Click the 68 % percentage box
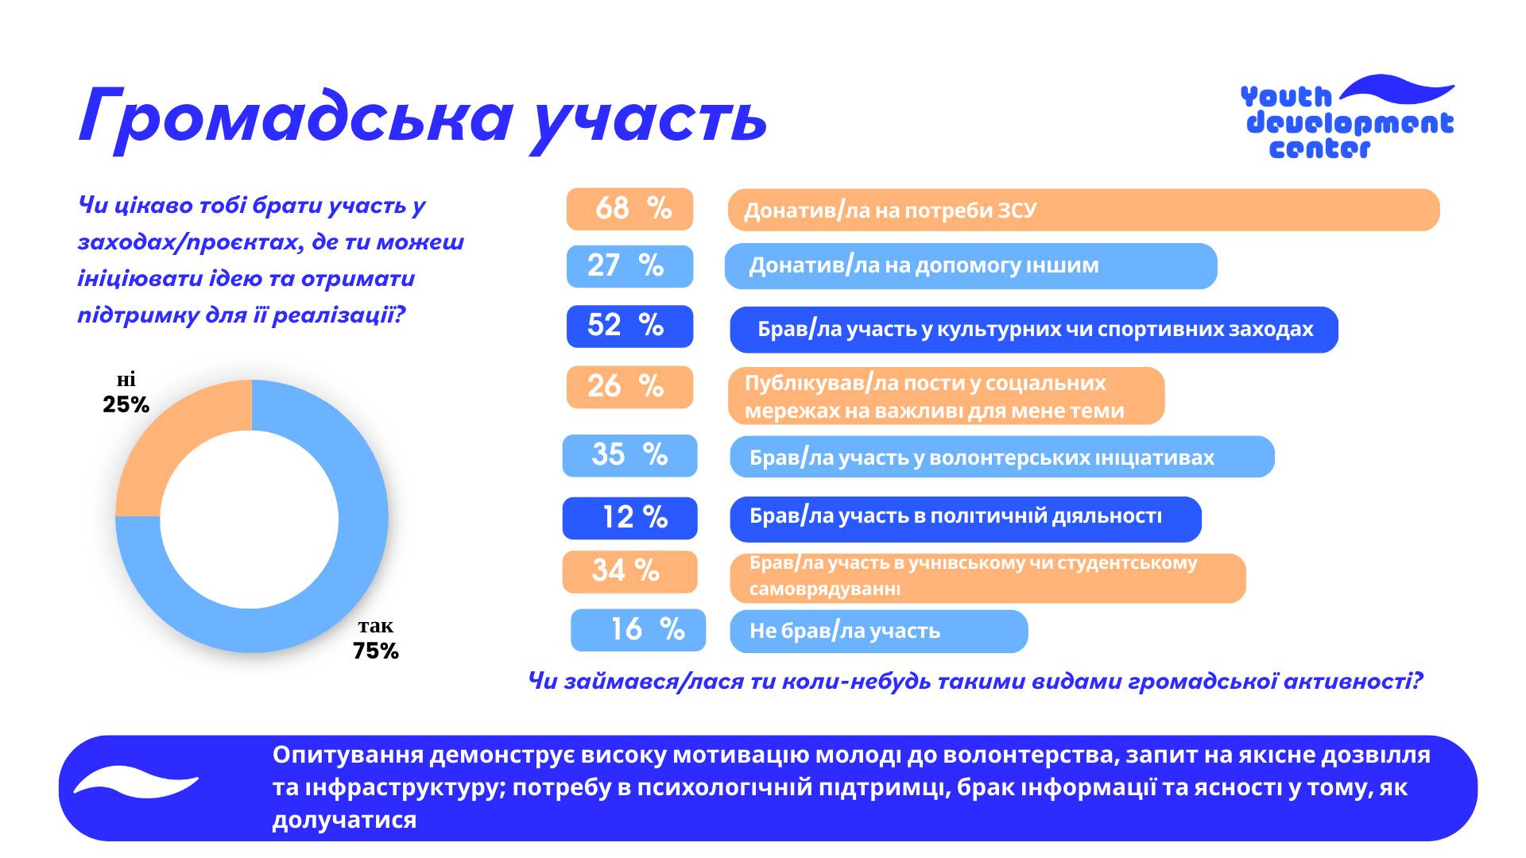pos(629,209)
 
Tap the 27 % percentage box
pos(629,265)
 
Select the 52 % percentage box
pos(629,326)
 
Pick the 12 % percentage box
pos(629,517)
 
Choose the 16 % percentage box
pos(638,630)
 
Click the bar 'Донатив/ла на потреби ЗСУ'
pos(1083,210)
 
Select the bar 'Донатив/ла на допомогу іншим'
pos(970,266)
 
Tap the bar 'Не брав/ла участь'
pos(878,632)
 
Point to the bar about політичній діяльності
pos(965,518)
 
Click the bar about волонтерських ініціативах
pos(1001,457)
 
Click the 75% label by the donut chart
pos(376,651)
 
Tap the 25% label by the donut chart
pos(126,405)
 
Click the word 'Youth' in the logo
pos(1285,97)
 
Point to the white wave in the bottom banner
pos(135,783)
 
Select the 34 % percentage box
pos(629,571)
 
